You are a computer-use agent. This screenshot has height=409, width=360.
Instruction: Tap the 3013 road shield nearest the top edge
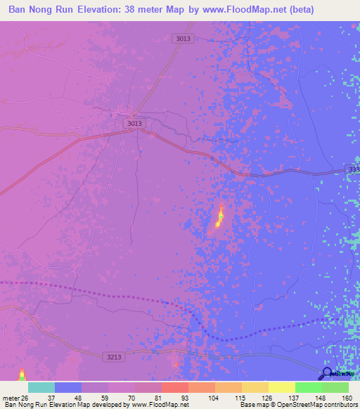(183, 39)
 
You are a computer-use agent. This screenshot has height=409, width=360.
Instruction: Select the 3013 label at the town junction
(135, 123)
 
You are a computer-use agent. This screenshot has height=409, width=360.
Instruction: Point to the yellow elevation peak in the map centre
(219, 219)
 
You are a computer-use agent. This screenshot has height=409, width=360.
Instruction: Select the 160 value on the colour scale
(346, 397)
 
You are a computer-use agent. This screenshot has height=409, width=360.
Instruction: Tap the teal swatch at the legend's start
(41, 387)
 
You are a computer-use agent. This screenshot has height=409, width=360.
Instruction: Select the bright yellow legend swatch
(281, 387)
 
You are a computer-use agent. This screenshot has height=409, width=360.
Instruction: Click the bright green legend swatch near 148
(308, 387)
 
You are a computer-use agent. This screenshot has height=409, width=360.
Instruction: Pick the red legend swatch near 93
(174, 387)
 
